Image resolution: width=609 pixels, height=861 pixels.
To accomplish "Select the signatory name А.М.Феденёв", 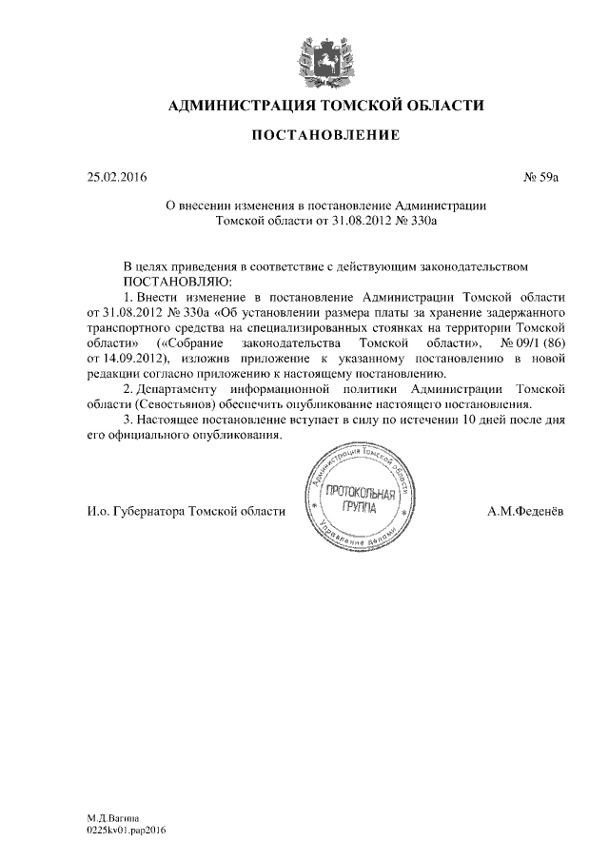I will click(524, 512).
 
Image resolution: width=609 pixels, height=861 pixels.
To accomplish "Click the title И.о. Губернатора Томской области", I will click(186, 512).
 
